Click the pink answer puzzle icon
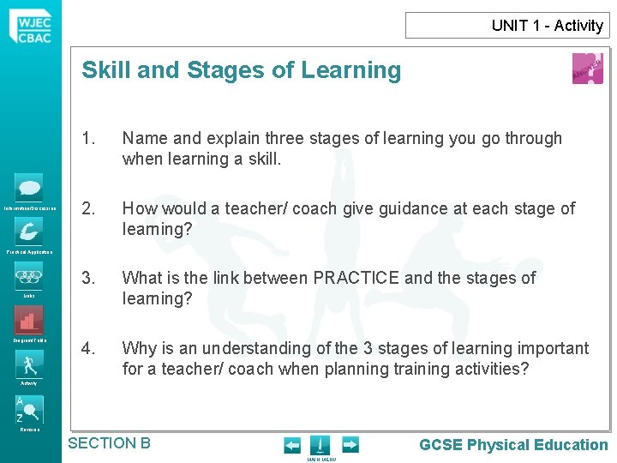click(587, 69)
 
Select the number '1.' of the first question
click(88, 138)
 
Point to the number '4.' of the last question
click(88, 348)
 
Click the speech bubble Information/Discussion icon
click(29, 188)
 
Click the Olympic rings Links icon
click(29, 276)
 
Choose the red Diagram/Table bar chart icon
click(29, 320)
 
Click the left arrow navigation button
click(292, 445)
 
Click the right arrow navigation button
click(350, 445)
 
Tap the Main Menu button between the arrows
click(320, 447)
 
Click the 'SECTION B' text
click(109, 443)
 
